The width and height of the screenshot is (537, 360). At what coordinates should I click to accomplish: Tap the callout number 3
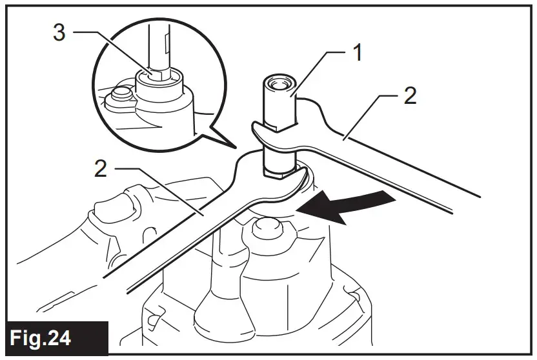tap(59, 33)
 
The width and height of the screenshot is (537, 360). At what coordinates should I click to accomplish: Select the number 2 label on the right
tap(409, 96)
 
